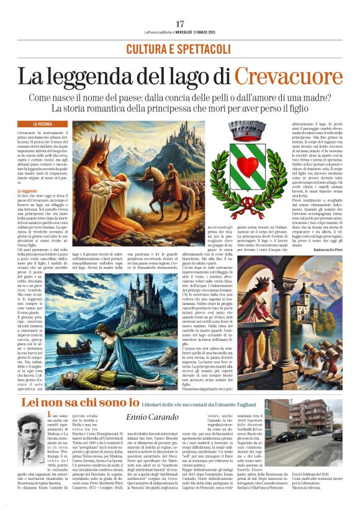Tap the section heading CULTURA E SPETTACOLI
click(180, 48)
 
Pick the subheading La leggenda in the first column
click(27, 192)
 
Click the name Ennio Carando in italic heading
click(152, 417)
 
